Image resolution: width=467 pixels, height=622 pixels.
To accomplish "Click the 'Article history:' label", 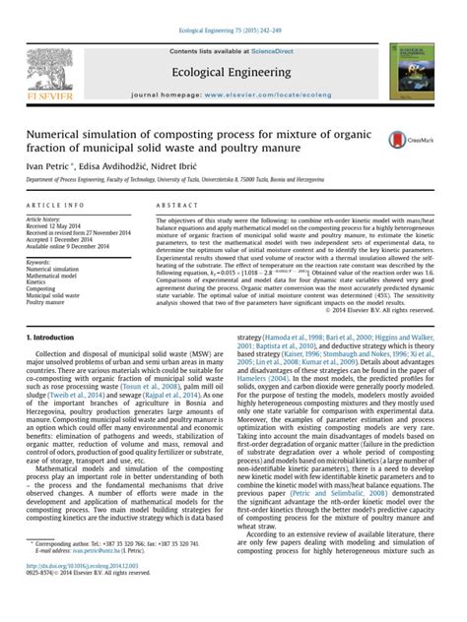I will point(46,218).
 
